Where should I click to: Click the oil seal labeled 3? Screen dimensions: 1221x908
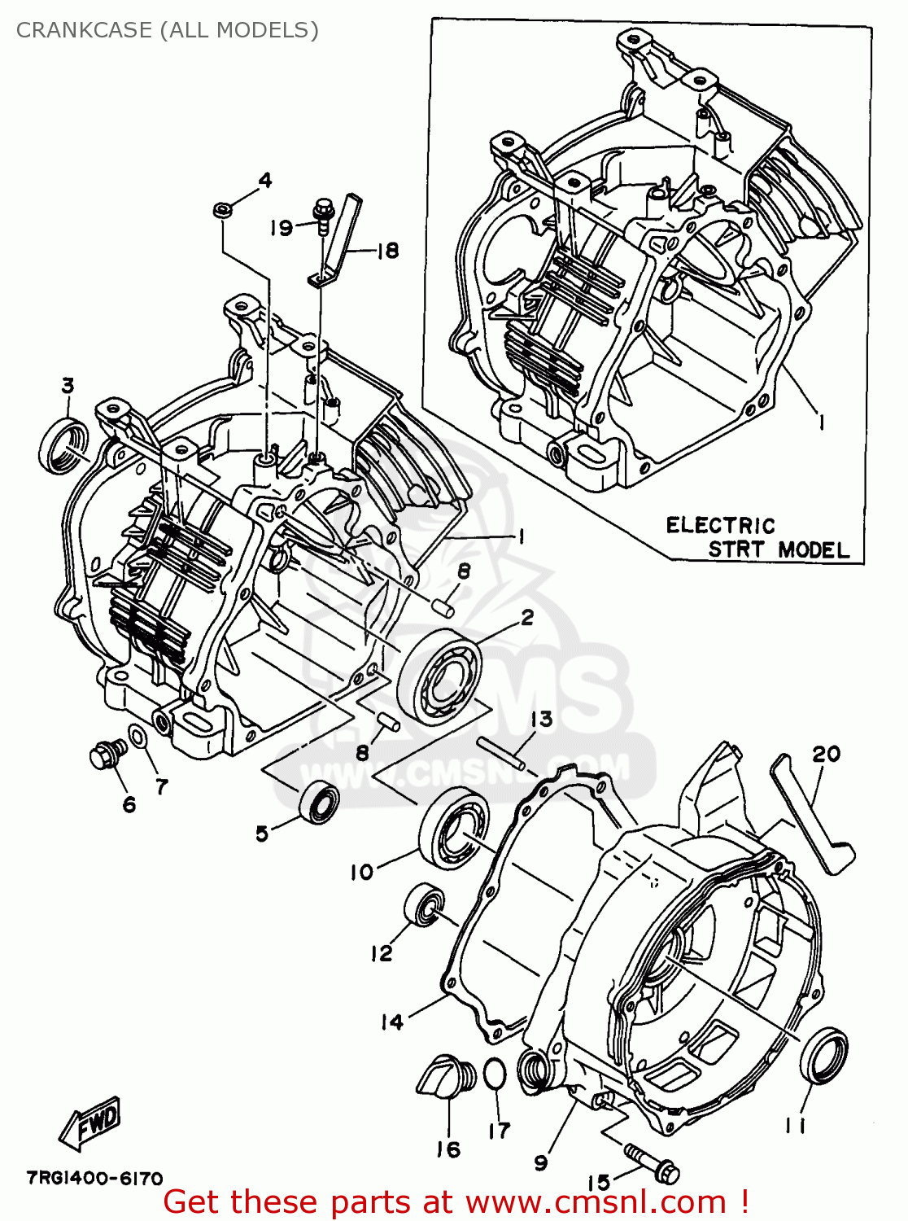click(63, 444)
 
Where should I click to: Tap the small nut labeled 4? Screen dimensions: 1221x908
click(221, 211)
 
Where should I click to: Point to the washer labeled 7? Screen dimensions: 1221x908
click(139, 737)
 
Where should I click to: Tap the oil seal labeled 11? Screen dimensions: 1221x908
click(823, 1055)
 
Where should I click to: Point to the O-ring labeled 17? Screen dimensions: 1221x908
click(494, 1074)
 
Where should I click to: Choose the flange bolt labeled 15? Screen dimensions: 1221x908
click(651, 1162)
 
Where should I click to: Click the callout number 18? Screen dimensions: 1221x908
click(388, 250)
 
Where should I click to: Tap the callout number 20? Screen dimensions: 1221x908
click(825, 754)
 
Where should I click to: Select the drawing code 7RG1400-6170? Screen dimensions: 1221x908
click(94, 1178)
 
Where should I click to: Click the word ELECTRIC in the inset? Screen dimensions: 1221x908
click(720, 525)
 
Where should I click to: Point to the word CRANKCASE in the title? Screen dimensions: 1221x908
click(84, 30)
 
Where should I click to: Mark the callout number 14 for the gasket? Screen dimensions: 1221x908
click(391, 1022)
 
